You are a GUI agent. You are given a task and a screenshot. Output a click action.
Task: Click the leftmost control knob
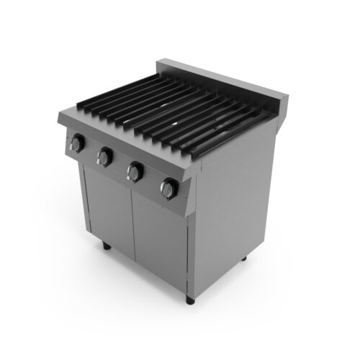pyautogui.click(x=75, y=144)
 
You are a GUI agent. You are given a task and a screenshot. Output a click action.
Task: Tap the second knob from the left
pyautogui.click(x=105, y=156)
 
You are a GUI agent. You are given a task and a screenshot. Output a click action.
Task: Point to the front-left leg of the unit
pyautogui.click(x=107, y=247)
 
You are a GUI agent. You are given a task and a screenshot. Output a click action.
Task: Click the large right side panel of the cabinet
pyautogui.click(x=238, y=209)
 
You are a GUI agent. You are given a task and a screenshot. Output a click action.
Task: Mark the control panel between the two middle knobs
pyautogui.click(x=120, y=165)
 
